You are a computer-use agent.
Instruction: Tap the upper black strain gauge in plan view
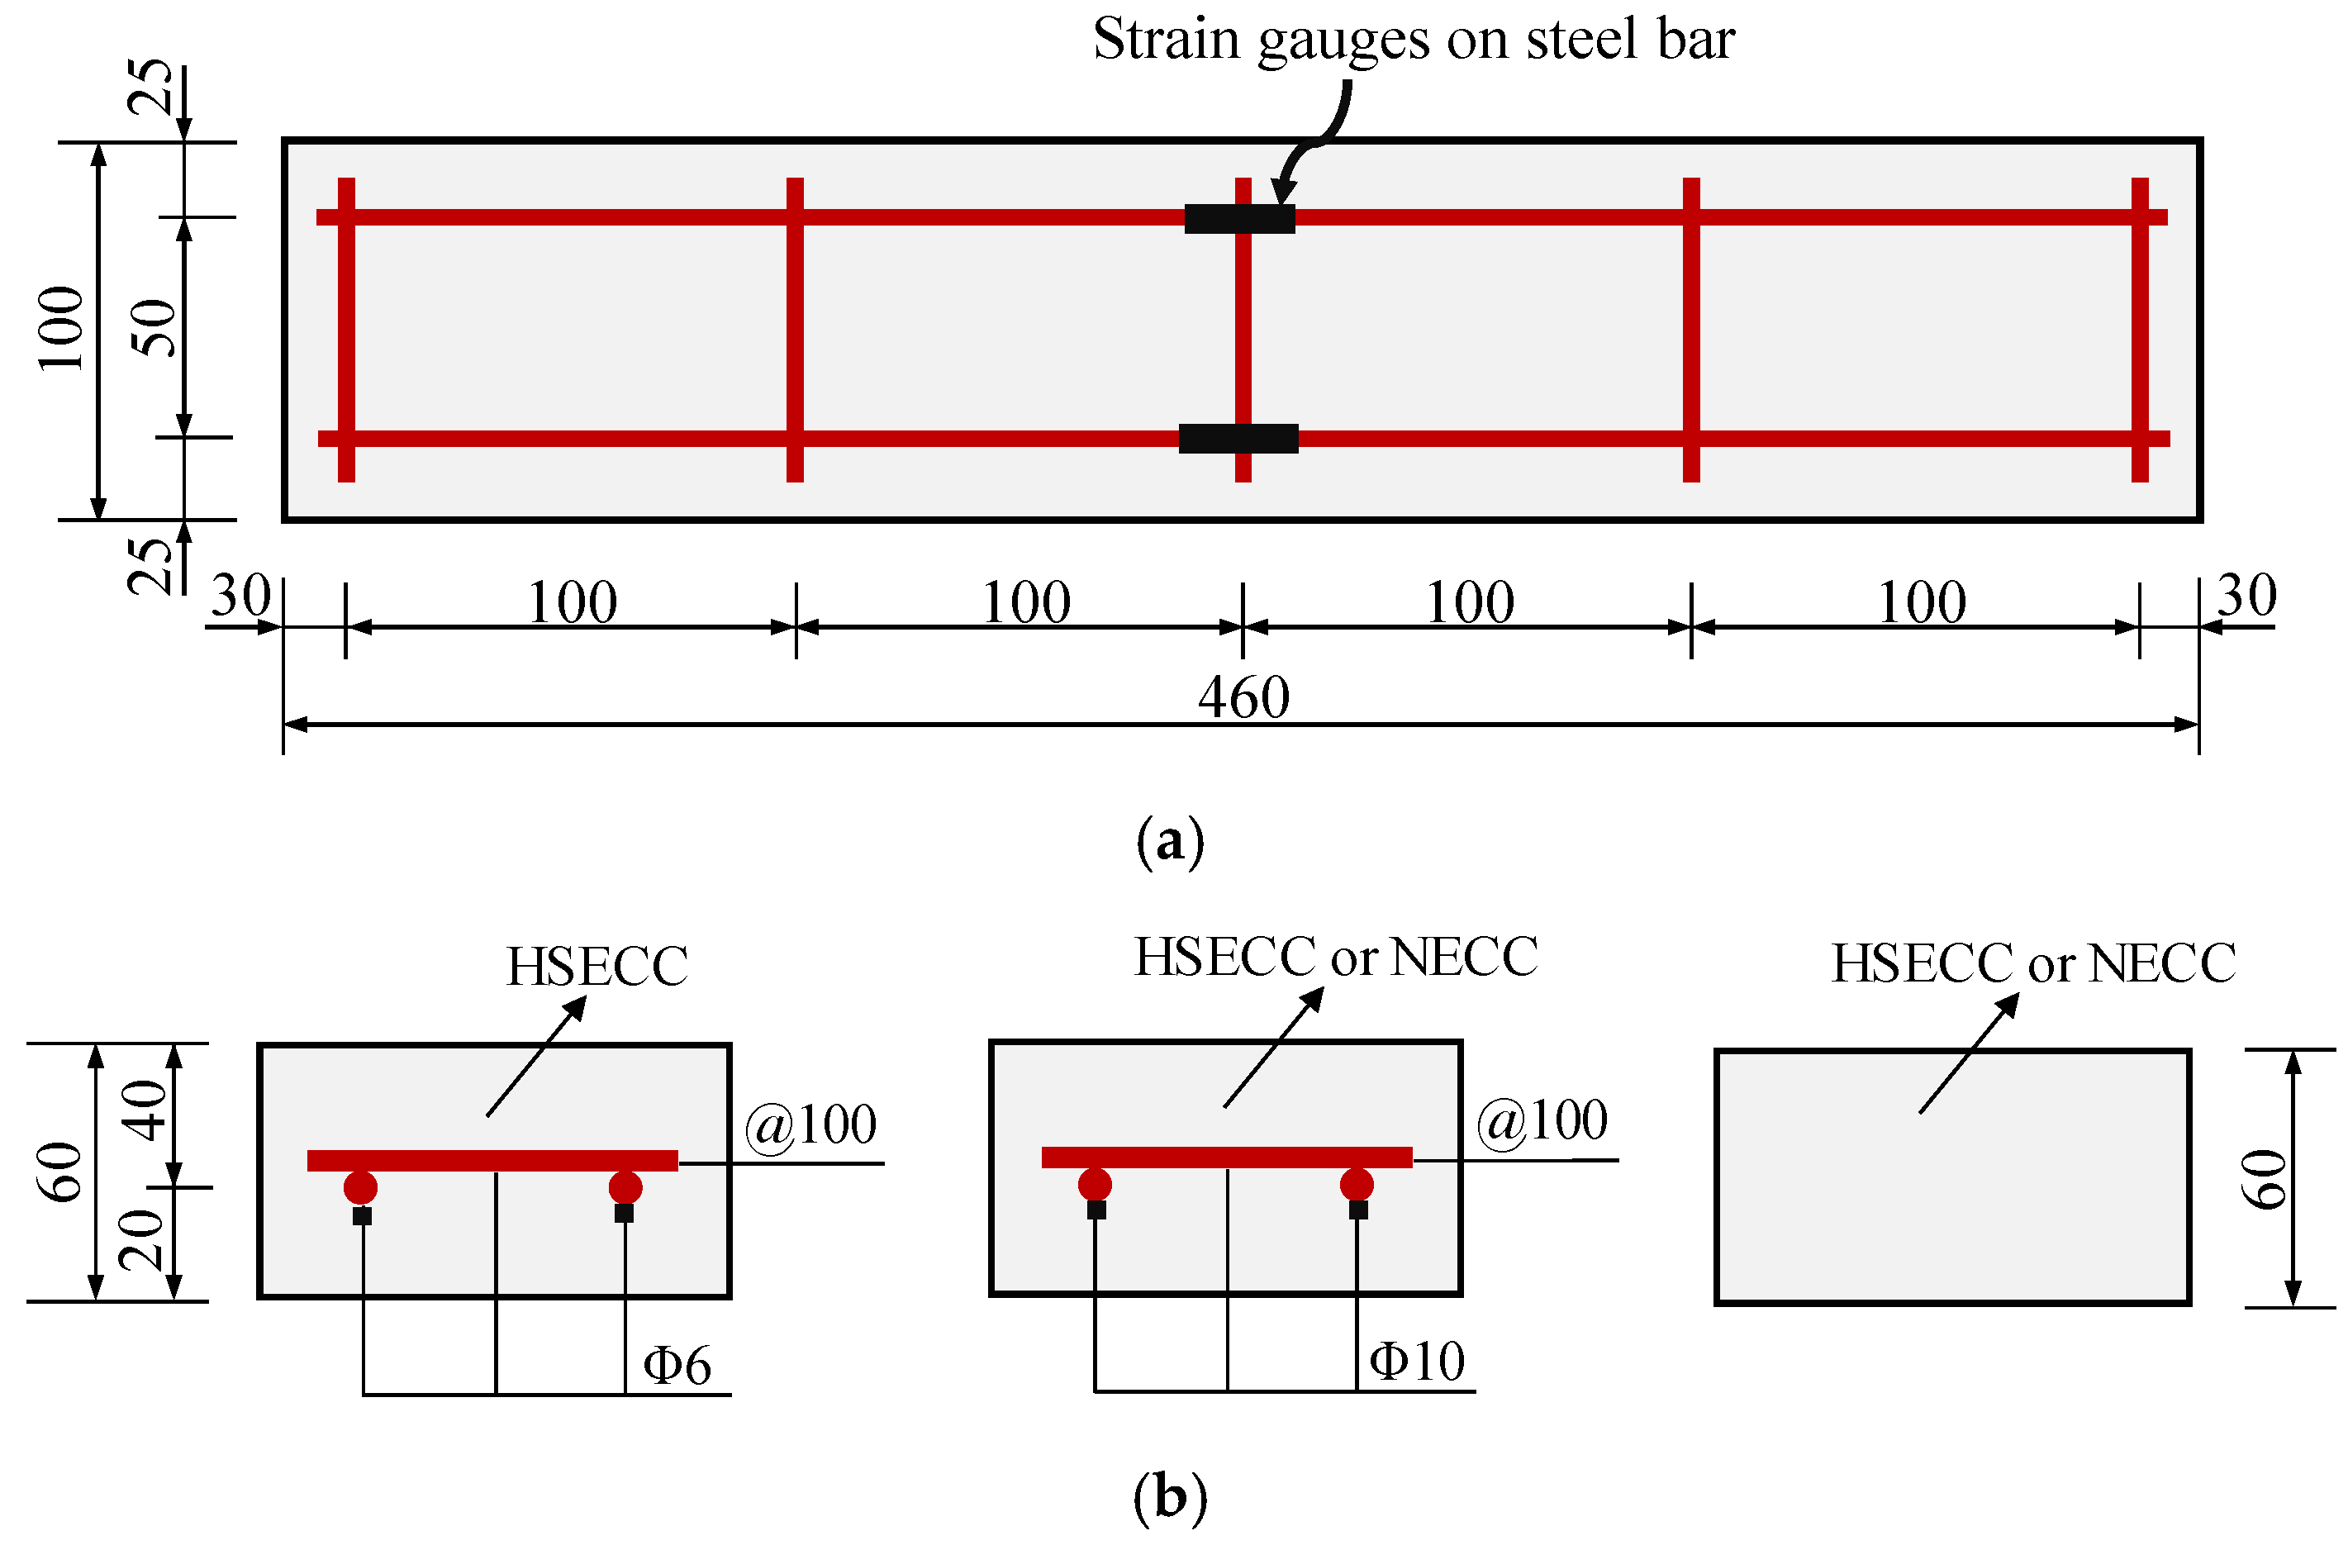[x=1239, y=219]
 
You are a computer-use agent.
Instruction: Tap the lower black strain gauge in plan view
[x=1238, y=438]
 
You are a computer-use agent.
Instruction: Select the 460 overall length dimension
[x=1243, y=698]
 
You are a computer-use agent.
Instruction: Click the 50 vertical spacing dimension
[x=154, y=326]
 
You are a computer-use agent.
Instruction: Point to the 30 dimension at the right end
[x=2246, y=596]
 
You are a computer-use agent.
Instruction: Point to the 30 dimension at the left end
[x=240, y=596]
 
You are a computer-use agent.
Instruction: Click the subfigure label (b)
[x=1170, y=1496]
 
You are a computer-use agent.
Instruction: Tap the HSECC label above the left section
[x=597, y=967]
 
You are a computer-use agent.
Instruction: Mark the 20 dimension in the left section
[x=142, y=1240]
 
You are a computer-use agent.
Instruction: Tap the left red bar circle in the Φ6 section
[x=360, y=1188]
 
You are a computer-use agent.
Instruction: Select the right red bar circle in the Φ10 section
[x=1357, y=1185]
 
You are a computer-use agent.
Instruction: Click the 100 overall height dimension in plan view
[x=61, y=329]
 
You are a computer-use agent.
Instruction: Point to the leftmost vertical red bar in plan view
[x=346, y=330]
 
